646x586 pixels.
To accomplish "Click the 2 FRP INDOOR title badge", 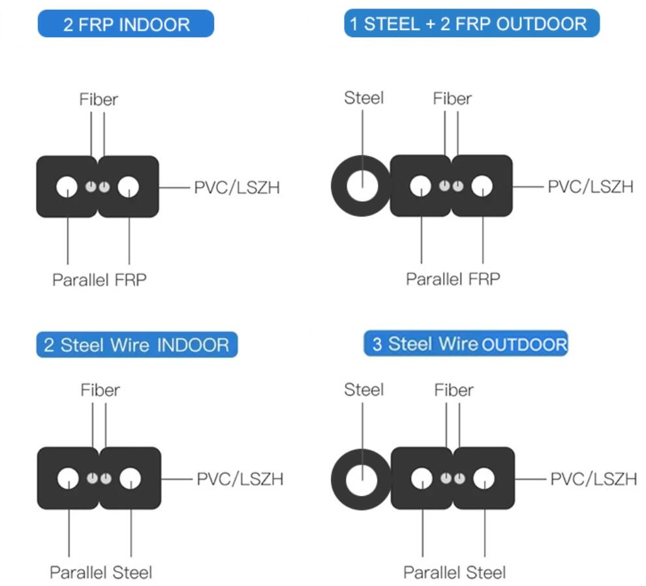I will click(x=126, y=25).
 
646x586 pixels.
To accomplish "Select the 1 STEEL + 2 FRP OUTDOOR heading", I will click(x=471, y=24).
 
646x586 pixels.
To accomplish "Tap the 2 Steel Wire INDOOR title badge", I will click(x=136, y=345).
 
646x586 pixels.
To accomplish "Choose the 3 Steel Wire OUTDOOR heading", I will click(x=466, y=343).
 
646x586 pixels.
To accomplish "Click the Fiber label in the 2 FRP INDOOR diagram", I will click(x=99, y=100).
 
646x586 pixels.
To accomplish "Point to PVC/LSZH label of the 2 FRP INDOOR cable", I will click(x=237, y=188).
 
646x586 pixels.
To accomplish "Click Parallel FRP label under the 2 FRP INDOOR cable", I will click(x=99, y=280).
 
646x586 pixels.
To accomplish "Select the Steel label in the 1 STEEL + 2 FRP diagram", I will click(x=363, y=99).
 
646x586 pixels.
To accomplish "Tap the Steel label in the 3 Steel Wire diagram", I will click(x=363, y=390).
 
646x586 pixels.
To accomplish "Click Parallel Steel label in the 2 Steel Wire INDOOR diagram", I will click(x=101, y=573).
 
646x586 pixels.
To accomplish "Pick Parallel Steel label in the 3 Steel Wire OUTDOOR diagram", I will click(x=454, y=573).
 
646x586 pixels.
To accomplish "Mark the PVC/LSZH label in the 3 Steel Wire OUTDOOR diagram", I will click(x=593, y=479).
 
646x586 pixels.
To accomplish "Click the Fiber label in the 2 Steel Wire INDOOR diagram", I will click(x=100, y=390).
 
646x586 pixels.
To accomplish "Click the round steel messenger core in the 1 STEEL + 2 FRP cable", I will click(x=361, y=187).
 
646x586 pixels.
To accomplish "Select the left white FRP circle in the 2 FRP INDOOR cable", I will click(x=67, y=187).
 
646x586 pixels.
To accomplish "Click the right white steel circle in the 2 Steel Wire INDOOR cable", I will click(x=130, y=479).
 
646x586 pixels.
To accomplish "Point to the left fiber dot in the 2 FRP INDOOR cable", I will click(x=91, y=187).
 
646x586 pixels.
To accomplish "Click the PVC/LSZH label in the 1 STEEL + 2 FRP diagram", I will click(x=590, y=187).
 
